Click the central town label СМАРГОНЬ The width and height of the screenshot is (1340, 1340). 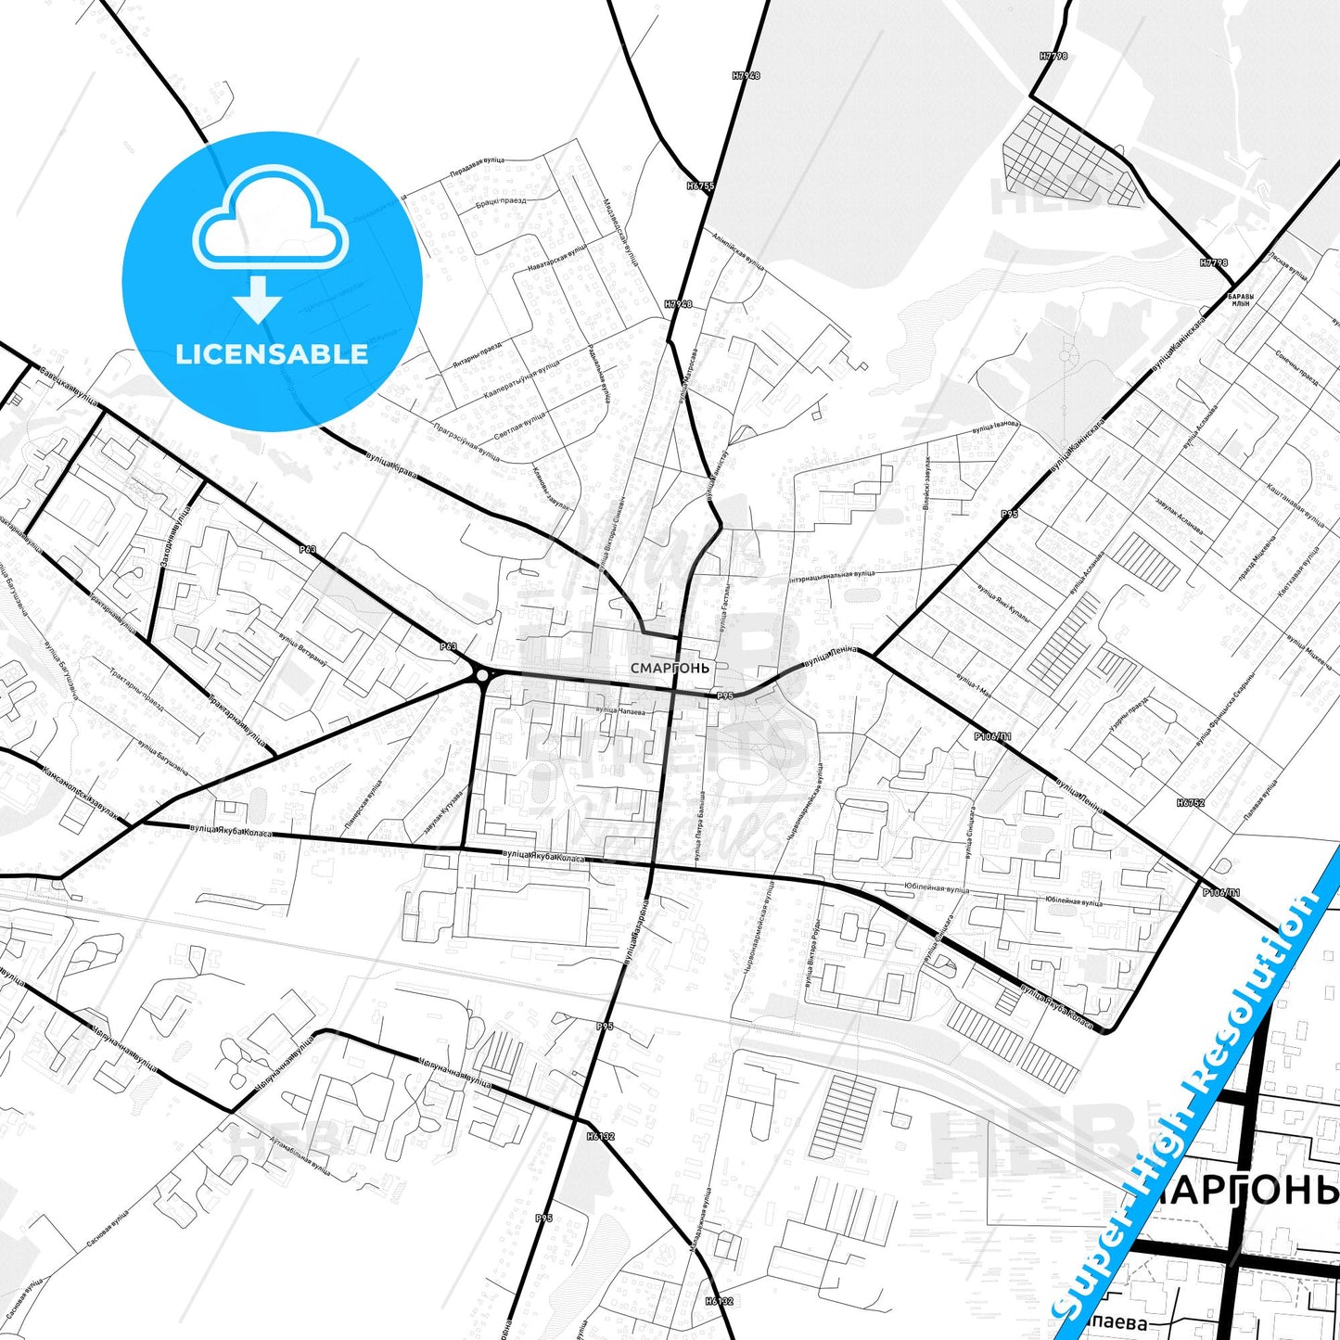pyautogui.click(x=670, y=668)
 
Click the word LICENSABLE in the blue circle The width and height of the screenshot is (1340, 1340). pyautogui.click(x=272, y=354)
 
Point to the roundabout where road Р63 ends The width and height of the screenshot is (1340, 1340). pyautogui.click(x=481, y=675)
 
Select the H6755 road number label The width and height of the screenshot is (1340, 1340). pyautogui.click(x=700, y=185)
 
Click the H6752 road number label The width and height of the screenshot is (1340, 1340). pyautogui.click(x=1191, y=803)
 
